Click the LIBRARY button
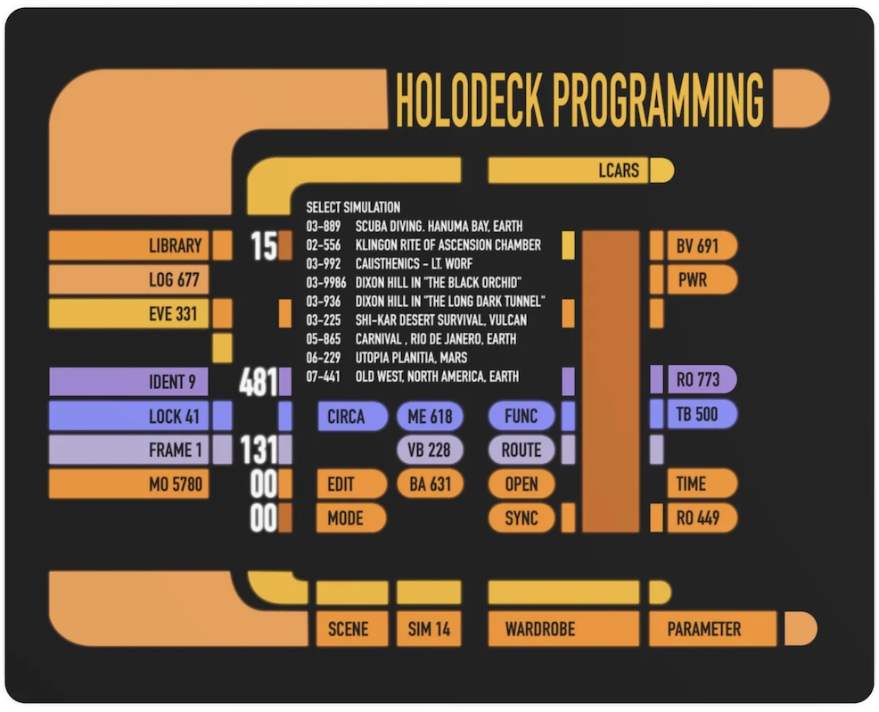[128, 245]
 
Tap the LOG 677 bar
[128, 280]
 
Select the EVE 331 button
[128, 314]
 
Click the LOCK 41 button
[128, 417]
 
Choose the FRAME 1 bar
[128, 451]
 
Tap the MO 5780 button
[128, 484]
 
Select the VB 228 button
[429, 451]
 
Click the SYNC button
[521, 518]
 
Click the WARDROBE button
[563, 629]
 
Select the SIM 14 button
[429, 629]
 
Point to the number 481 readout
[258, 383]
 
